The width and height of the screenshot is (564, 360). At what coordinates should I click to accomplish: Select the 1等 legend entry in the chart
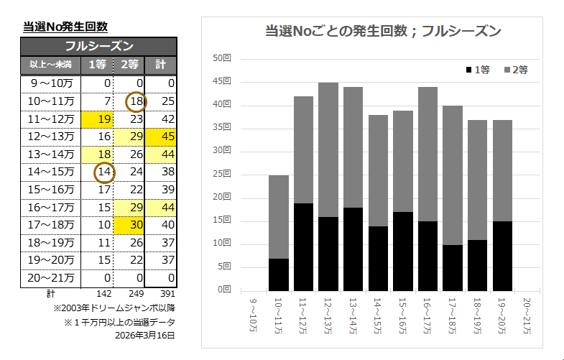pyautogui.click(x=479, y=70)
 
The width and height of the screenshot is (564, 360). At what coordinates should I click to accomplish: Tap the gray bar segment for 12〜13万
pyautogui.click(x=328, y=149)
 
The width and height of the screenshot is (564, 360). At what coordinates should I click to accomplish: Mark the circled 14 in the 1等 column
pyautogui.click(x=105, y=172)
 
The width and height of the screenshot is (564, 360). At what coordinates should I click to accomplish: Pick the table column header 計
pyautogui.click(x=160, y=65)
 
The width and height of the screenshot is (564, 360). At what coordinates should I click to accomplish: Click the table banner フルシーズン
pyautogui.click(x=98, y=46)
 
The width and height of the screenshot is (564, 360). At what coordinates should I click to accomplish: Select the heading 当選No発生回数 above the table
pyautogui.click(x=65, y=27)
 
